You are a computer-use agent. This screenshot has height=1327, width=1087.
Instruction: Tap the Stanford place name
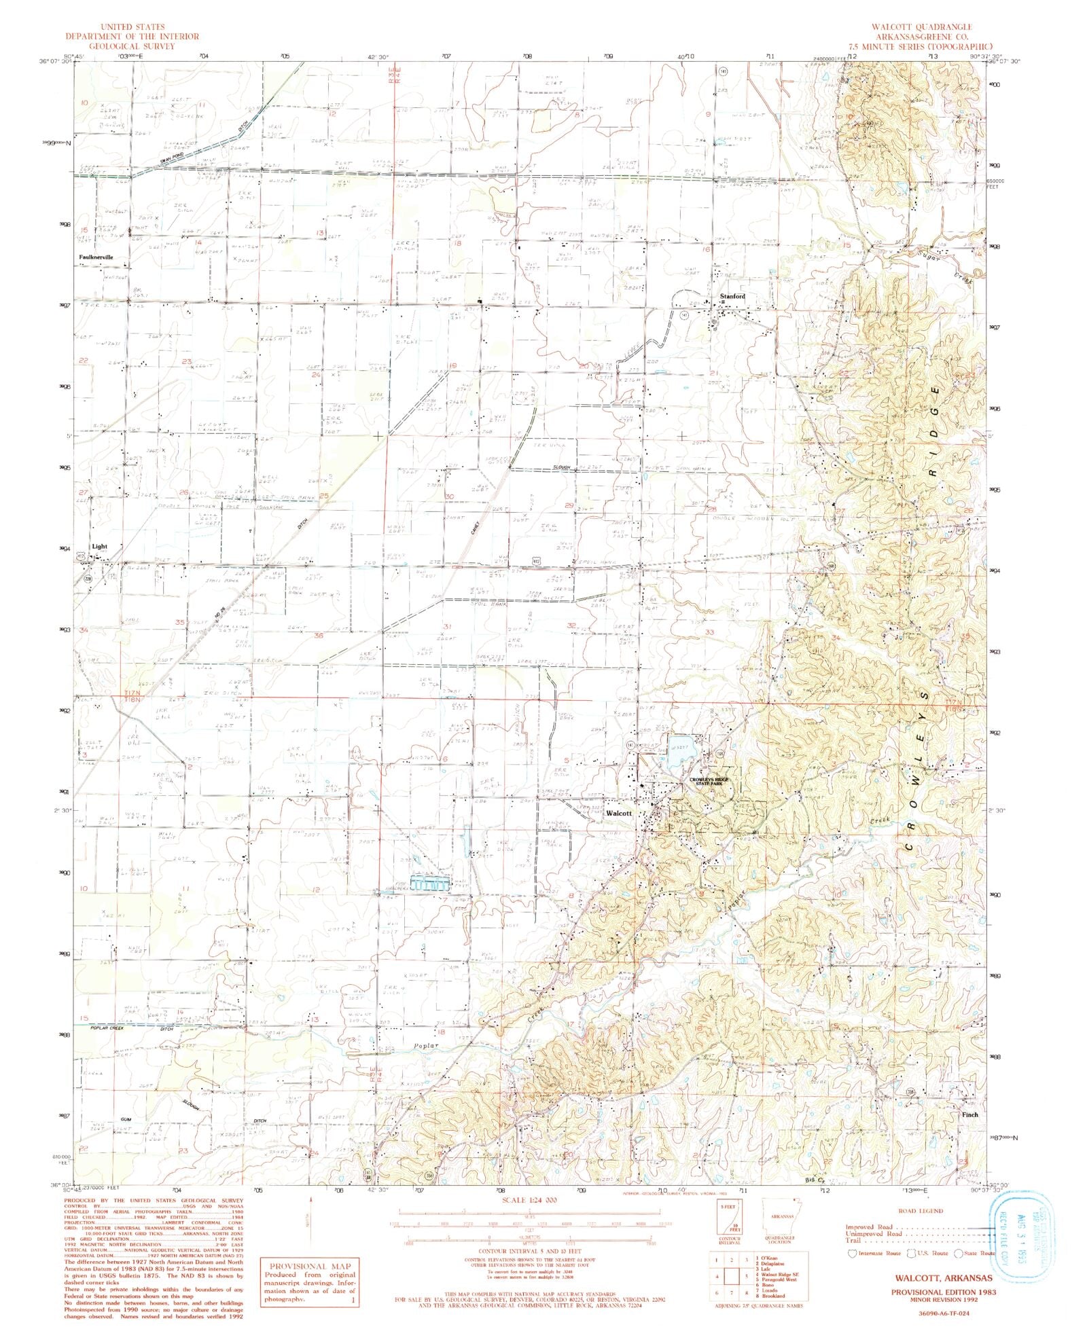[732, 297]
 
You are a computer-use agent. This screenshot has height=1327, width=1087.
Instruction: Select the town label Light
[99, 546]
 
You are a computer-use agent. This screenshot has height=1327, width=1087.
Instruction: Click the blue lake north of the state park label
[681, 747]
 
